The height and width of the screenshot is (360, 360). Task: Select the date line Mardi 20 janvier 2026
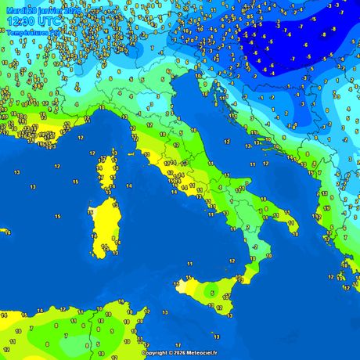[41, 9]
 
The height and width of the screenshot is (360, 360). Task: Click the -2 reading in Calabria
[255, 247]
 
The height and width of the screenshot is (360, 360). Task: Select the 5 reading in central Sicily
[211, 293]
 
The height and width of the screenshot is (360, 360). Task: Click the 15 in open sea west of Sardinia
[58, 215]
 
